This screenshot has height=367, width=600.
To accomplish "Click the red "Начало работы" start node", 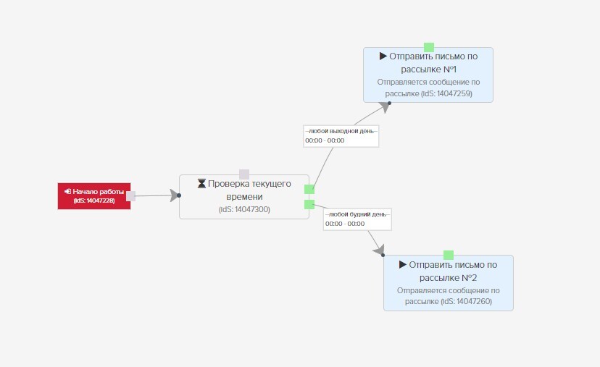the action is click(94, 196).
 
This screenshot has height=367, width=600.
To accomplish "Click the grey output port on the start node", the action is click(131, 196).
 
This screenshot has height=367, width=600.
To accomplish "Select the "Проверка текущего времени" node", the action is click(244, 197).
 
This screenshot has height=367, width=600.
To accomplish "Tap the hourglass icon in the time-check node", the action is click(201, 184).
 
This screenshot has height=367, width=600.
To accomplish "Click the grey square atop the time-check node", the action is click(244, 174).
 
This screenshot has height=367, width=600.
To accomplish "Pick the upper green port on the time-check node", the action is click(309, 189).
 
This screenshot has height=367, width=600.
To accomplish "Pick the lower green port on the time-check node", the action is click(309, 205).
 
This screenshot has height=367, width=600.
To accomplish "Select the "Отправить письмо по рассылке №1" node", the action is click(428, 75).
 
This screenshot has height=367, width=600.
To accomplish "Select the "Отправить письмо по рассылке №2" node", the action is click(449, 283).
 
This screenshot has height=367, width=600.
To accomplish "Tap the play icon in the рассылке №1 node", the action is click(383, 56).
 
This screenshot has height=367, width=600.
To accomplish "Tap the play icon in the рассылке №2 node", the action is click(403, 264).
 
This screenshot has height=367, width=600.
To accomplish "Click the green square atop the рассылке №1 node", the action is click(429, 47).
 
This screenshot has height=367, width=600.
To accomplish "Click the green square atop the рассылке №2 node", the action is click(449, 255).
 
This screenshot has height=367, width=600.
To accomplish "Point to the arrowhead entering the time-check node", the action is click(175, 195).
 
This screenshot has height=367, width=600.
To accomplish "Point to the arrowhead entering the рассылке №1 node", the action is click(385, 107).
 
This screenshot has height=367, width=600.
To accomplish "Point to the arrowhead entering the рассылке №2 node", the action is click(379, 250).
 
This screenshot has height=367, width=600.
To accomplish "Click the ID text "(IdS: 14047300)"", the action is click(244, 209).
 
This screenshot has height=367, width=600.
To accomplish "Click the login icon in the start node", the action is click(67, 191).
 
